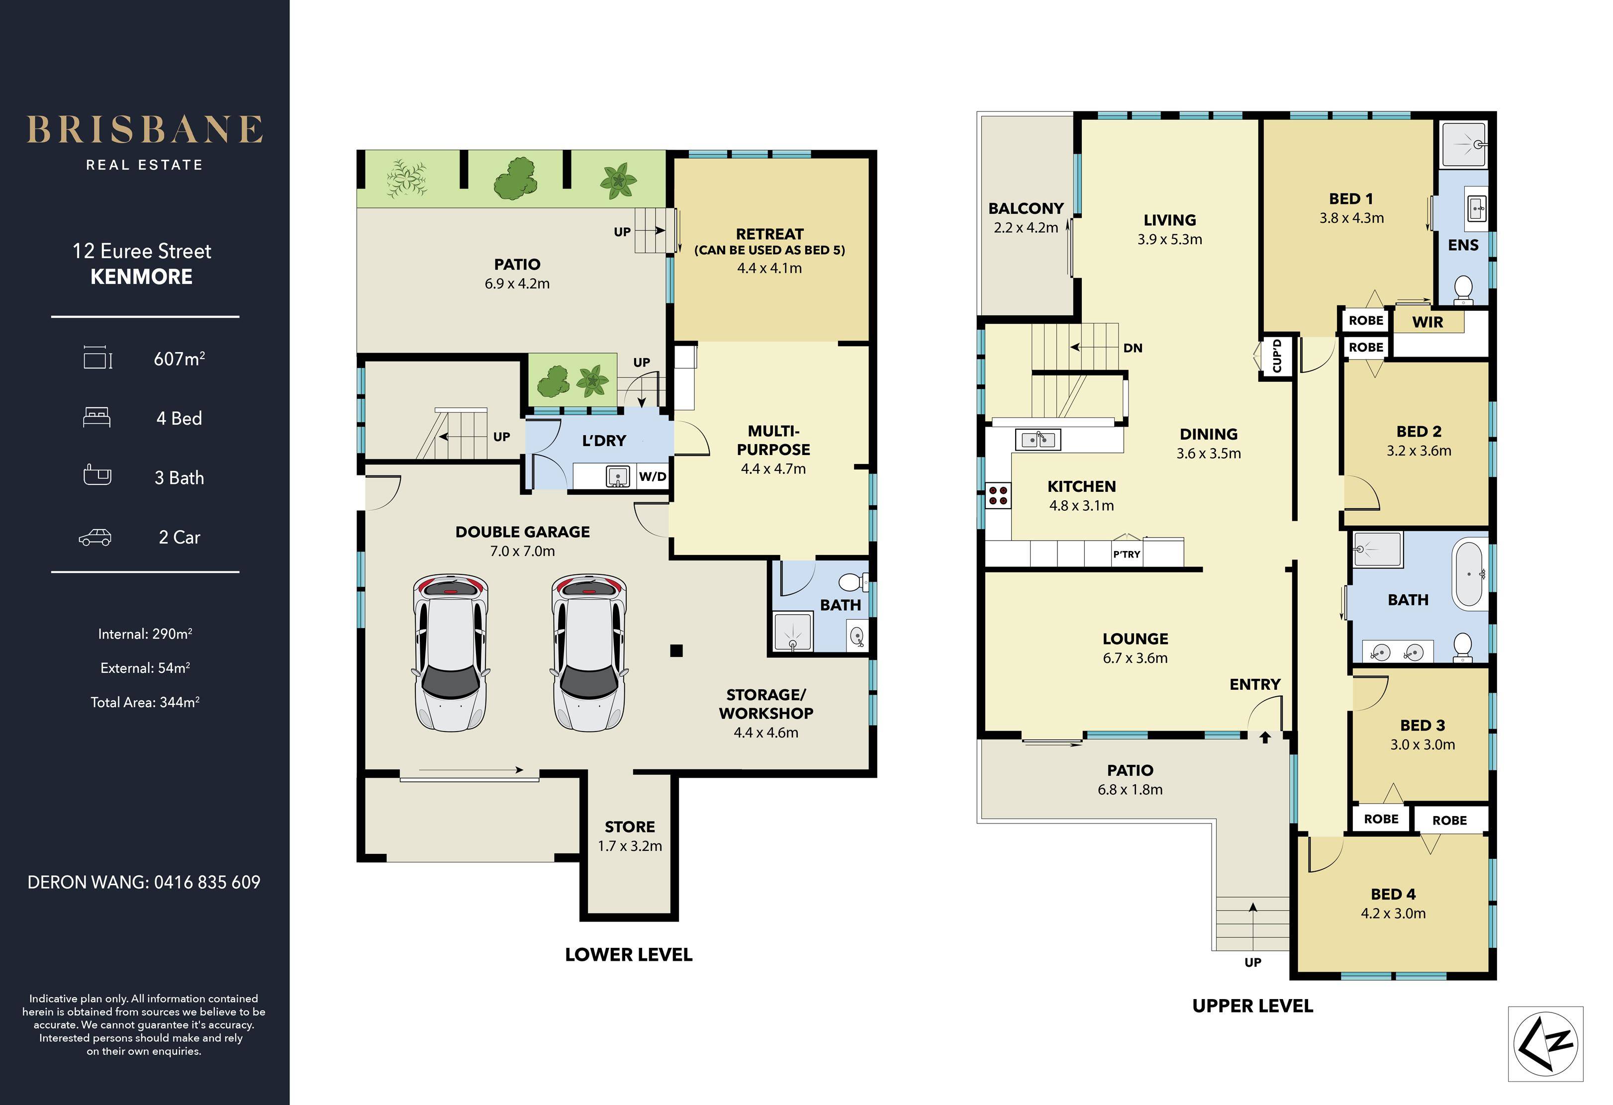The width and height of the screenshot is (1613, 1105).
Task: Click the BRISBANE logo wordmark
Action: point(144,130)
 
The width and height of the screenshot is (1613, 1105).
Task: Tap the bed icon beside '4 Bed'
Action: point(96,418)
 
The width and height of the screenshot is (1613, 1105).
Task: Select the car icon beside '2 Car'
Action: point(95,537)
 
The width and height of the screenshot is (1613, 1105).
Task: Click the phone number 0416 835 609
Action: point(207,882)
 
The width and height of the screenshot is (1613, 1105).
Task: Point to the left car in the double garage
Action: point(451,652)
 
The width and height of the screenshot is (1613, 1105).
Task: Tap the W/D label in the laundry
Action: point(653,476)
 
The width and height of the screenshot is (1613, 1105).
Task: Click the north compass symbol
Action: point(1546,1044)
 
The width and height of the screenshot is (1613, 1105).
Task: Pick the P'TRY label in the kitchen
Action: point(1127,554)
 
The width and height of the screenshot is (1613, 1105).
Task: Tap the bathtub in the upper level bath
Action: point(1469,574)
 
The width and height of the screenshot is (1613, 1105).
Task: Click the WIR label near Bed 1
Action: point(1427,322)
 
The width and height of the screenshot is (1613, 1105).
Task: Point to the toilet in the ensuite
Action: point(1463,290)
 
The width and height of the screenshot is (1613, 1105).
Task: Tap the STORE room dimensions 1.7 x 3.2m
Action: point(630,846)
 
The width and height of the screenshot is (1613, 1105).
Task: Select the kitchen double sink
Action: point(1038,439)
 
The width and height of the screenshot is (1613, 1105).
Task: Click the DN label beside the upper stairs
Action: point(1133,348)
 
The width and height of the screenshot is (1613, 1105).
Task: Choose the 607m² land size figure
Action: point(179,358)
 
